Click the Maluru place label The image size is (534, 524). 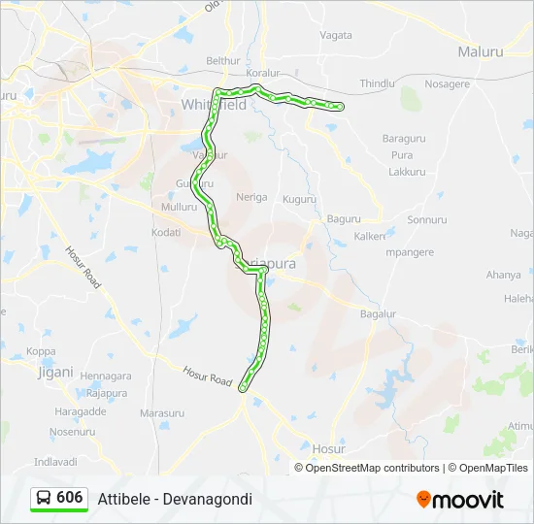pos(482,50)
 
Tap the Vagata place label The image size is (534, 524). pos(336,35)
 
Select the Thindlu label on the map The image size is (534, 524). pos(378,84)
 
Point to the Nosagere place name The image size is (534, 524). pos(447,84)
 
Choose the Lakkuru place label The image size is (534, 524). pos(407,172)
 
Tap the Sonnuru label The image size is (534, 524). pos(426,220)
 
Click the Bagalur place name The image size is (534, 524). pos(379,314)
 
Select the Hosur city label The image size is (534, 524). pos(328,449)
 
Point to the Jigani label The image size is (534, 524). pos(54,372)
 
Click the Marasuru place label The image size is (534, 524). pos(161,413)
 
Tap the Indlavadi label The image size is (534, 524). pos(55,462)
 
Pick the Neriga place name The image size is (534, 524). pos(251,197)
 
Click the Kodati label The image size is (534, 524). pos(166,232)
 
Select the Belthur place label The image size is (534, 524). pos(222,60)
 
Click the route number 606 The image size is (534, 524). pos(70,497)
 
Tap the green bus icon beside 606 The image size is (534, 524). pos(44,498)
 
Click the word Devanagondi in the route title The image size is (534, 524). pos(207,499)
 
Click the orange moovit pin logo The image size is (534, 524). pos(423,499)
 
